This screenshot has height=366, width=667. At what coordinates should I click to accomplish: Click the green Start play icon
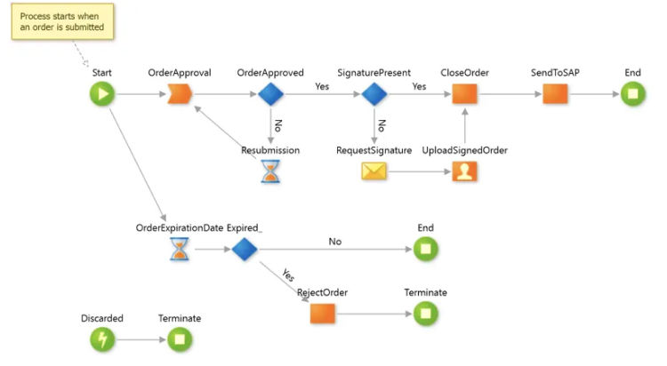pyautogui.click(x=102, y=94)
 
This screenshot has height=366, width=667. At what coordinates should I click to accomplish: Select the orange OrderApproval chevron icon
pyautogui.click(x=180, y=94)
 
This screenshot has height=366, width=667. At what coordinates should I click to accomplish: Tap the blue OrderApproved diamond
pyautogui.click(x=270, y=94)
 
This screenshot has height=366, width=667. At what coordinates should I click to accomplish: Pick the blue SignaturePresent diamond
pyautogui.click(x=374, y=94)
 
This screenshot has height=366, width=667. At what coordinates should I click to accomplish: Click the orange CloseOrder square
pyautogui.click(x=464, y=94)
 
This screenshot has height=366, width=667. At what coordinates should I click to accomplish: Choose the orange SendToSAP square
pyautogui.click(x=555, y=94)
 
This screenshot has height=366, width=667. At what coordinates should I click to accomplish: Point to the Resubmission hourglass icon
pyautogui.click(x=270, y=171)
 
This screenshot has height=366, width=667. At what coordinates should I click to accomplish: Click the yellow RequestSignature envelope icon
pyautogui.click(x=374, y=171)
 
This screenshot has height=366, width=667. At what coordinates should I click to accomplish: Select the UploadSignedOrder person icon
pyautogui.click(x=464, y=171)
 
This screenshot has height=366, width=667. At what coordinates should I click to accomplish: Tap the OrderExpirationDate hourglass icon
pyautogui.click(x=180, y=249)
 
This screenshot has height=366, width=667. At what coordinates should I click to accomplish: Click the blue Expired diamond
pyautogui.click(x=245, y=249)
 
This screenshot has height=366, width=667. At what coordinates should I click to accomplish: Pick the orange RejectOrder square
pyautogui.click(x=323, y=314)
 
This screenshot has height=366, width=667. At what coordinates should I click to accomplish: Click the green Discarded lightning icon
pyautogui.click(x=102, y=339)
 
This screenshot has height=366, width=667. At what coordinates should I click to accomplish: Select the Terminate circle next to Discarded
pyautogui.click(x=180, y=339)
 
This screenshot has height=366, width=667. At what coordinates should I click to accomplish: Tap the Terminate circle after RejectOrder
pyautogui.click(x=426, y=314)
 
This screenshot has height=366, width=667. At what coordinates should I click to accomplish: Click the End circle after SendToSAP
pyautogui.click(x=633, y=94)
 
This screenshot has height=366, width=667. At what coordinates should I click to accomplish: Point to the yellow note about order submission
pyautogui.click(x=62, y=21)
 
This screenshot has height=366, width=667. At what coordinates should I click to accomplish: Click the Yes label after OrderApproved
pyautogui.click(x=322, y=86)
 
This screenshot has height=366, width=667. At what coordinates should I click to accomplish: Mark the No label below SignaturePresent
pyautogui.click(x=382, y=125)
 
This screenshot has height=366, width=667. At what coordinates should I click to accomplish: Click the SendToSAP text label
pyautogui.click(x=555, y=73)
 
